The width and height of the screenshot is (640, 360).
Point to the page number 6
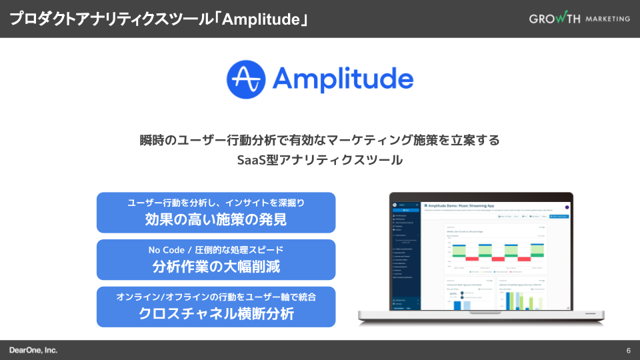(x=628, y=351)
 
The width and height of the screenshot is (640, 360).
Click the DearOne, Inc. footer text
(x=33, y=350)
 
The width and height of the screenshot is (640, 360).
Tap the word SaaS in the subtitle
(x=251, y=160)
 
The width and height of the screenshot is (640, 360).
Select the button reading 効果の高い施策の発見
(x=215, y=213)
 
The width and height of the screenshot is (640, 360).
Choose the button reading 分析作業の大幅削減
(x=215, y=259)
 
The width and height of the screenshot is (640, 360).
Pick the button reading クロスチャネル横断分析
(x=215, y=307)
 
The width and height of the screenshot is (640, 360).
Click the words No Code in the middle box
(x=167, y=250)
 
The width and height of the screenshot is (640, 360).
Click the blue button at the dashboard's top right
(x=559, y=217)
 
